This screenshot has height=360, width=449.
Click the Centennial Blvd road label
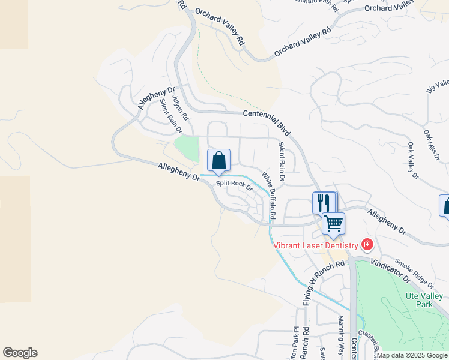[267, 122]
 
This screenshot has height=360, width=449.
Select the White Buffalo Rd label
[268, 196]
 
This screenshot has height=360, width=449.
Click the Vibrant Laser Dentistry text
[315, 245]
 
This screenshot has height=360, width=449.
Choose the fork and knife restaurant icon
[324, 202]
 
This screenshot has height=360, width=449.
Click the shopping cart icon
[333, 223]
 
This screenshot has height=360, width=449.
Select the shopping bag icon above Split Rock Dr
[218, 160]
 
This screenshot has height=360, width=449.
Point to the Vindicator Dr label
[390, 268]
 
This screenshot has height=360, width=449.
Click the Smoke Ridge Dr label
[414, 273]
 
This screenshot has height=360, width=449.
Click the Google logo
[20, 353]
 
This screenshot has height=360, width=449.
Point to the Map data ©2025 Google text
[412, 355]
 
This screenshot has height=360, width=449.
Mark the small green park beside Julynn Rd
[187, 148]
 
